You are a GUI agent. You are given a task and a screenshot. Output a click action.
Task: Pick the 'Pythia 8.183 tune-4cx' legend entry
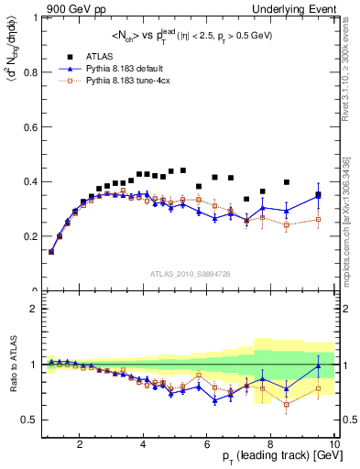[127, 80]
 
